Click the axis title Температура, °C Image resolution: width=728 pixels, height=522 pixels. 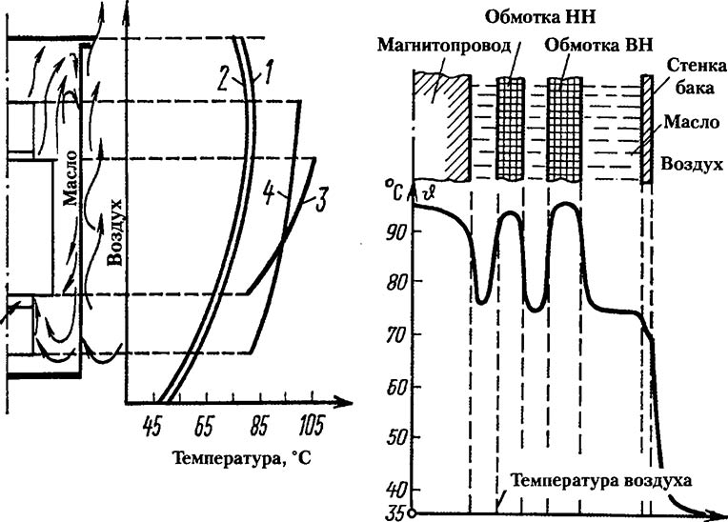242,457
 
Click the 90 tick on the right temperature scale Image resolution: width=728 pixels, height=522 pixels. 395,232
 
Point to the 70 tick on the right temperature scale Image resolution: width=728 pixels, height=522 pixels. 395,335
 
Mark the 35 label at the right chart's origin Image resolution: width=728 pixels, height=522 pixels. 393,512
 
